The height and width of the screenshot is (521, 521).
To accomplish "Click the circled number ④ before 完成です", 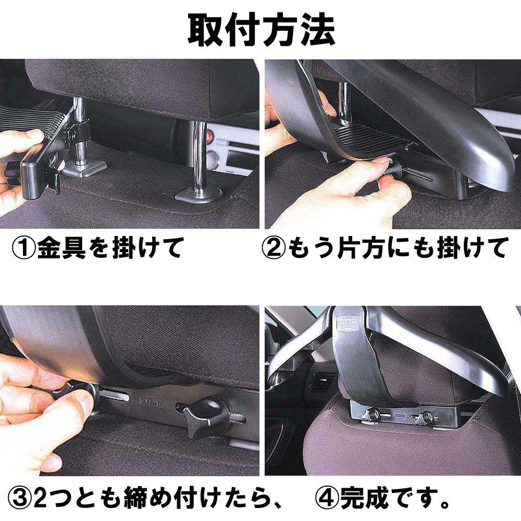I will pos(328,499).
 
